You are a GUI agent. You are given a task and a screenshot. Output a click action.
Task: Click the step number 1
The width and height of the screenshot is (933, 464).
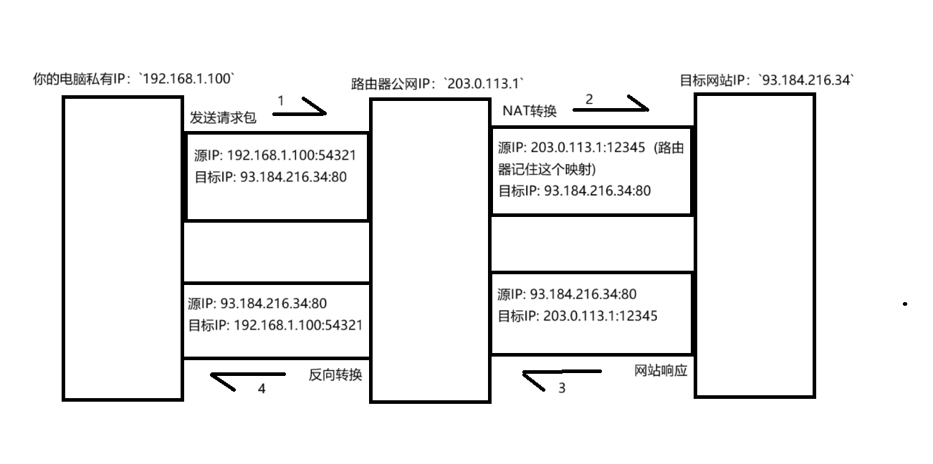point(281,101)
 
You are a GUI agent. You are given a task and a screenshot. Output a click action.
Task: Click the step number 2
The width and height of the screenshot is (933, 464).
point(589,100)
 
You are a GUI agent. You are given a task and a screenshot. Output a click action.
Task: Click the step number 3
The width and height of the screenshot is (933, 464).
point(561,388)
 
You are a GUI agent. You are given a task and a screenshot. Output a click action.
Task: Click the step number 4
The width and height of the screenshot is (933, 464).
point(262,389)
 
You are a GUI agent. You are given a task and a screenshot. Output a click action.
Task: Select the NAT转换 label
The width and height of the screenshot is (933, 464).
point(529,110)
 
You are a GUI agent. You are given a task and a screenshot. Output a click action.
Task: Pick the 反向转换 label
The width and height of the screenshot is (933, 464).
point(335,374)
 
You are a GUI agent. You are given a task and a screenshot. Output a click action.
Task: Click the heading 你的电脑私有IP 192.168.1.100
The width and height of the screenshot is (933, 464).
point(135,78)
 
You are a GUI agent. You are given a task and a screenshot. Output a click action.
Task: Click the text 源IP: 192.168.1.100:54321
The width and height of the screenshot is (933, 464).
point(275,156)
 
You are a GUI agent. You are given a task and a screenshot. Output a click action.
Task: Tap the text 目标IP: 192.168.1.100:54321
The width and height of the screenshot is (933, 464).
point(275,324)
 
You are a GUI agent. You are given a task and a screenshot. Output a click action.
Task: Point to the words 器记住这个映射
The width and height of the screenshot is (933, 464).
point(547,170)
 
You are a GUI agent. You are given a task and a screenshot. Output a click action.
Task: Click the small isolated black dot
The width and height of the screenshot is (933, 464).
point(905,304)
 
